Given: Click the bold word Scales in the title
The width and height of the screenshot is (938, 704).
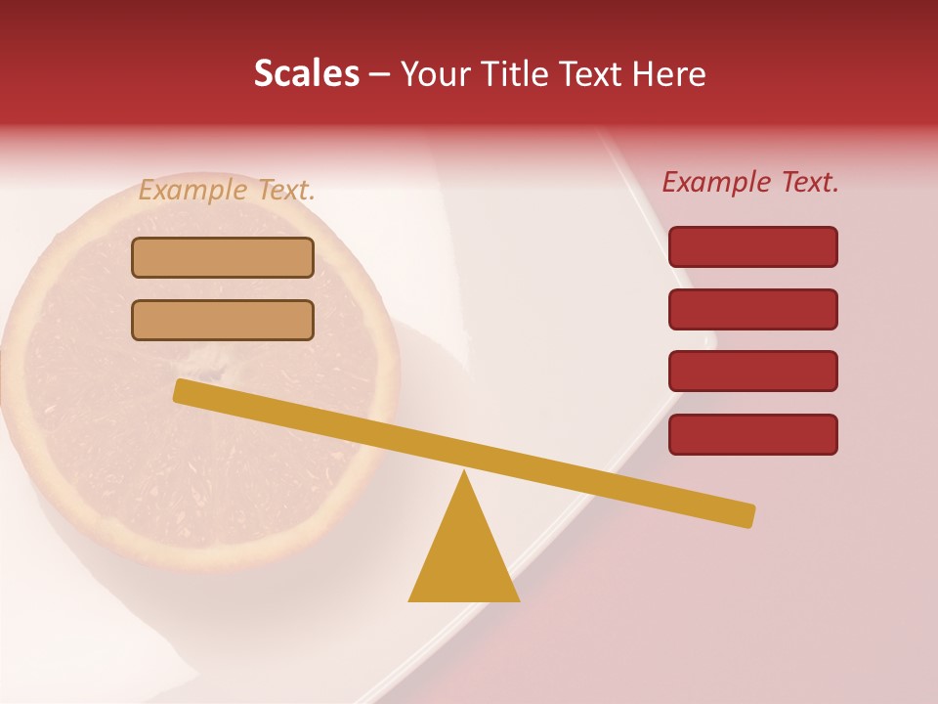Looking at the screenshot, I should tap(307, 73).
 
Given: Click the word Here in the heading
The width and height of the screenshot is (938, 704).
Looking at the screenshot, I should tap(668, 73).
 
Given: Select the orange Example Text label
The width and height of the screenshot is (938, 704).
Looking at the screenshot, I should tap(227, 190).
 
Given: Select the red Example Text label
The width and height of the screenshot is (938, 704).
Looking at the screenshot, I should tap(750, 182).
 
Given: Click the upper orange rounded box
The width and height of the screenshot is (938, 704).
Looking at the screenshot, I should tap(223, 257).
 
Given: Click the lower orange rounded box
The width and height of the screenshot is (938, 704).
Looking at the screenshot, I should tap(223, 320).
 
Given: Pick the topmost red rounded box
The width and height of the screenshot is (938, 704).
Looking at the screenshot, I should tap(752, 246).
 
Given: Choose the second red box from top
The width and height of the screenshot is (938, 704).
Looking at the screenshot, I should tap(752, 309).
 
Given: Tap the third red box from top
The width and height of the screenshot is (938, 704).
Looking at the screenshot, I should tap(752, 372).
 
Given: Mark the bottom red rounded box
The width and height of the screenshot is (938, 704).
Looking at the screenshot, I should tap(752, 434).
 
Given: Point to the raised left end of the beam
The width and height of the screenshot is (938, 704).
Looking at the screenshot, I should tap(182, 390).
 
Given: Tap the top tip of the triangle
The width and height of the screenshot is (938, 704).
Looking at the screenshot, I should tap(464, 474).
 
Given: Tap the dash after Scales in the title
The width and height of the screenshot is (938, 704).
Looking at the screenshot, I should tap(380, 74).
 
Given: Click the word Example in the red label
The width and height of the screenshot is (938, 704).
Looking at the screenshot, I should tap(715, 182).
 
